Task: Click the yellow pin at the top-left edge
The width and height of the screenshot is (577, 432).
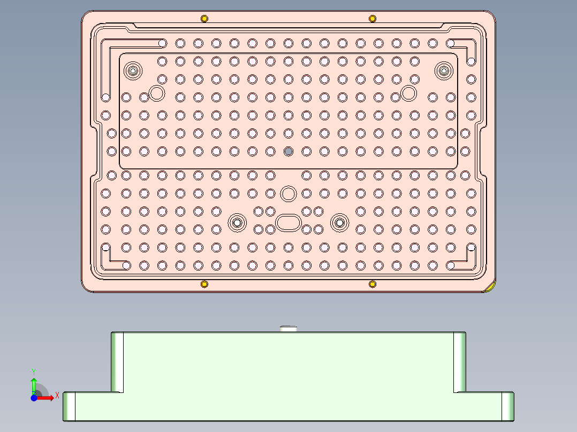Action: pos(204,19)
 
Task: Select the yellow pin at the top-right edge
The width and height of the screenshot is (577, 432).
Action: pos(373,19)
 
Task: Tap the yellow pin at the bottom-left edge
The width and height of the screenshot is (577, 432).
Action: pos(204,283)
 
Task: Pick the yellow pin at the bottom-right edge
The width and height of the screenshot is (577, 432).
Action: pos(373,283)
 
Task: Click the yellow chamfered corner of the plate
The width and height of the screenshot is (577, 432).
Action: pos(490,288)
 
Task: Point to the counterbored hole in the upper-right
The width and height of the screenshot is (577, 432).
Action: pos(443,70)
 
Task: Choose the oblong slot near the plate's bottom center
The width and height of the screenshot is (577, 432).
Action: pos(288,222)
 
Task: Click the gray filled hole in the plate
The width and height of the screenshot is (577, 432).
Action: pos(288,151)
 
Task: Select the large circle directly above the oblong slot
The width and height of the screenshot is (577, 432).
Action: pos(288,193)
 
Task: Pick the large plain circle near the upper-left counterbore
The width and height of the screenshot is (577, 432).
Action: pos(156,93)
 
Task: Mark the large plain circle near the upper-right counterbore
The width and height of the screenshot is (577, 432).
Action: pos(408,93)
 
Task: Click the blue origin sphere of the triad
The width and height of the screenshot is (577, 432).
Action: pos(34,398)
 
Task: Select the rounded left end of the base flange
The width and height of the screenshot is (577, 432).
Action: pos(69,406)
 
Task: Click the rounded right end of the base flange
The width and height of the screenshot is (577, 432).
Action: pos(508,406)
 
